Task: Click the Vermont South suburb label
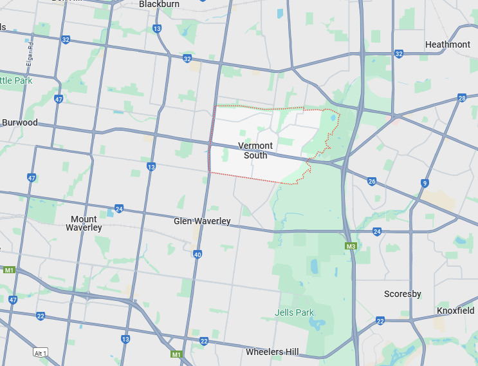(x=255, y=150)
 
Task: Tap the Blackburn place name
(x=158, y=4)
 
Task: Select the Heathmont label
(x=448, y=44)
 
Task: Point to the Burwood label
(x=20, y=122)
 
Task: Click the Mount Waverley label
(x=84, y=224)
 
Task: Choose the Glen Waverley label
(x=202, y=221)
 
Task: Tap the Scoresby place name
(x=402, y=294)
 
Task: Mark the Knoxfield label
(x=455, y=311)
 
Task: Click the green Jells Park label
(x=295, y=313)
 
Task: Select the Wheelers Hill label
(x=272, y=352)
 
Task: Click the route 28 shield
(x=462, y=98)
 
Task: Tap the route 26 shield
(x=372, y=182)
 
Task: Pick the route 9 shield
(x=425, y=183)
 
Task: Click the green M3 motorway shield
(x=351, y=246)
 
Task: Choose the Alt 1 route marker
(x=42, y=352)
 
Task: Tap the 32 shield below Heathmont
(x=399, y=54)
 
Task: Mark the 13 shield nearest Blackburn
(x=157, y=28)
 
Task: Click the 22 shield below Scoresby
(x=380, y=320)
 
